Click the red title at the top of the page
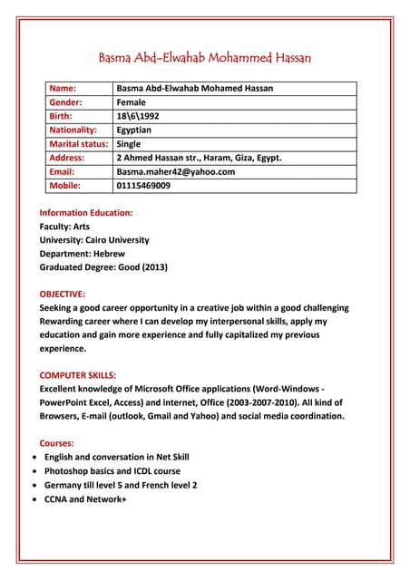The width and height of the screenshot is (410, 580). [204, 58]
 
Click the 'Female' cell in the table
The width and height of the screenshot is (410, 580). [132, 102]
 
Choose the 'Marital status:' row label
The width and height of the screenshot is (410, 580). [78, 143]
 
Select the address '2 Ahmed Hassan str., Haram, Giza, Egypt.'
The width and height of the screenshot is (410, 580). [199, 158]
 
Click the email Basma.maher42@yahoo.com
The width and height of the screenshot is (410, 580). [176, 171]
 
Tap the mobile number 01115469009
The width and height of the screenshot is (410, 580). [143, 185]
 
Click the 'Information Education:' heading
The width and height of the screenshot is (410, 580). [86, 212]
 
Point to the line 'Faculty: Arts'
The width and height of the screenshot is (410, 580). [64, 226]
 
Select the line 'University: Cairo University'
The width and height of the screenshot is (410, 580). [94, 239]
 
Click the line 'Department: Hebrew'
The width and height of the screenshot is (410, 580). [82, 253]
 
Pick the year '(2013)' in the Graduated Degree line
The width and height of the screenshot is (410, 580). [151, 267]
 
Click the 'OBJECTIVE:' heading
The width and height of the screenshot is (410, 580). [63, 294]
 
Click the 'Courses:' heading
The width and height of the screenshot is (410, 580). [57, 443]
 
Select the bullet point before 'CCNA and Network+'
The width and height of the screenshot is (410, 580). [34, 498]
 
